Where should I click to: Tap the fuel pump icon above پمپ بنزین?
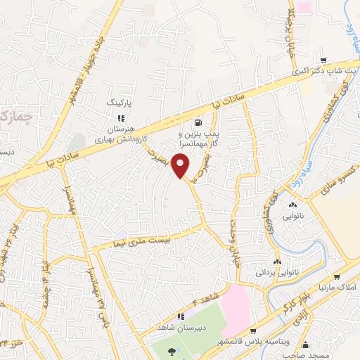[x=198, y=120]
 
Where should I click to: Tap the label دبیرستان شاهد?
[x=180, y=328]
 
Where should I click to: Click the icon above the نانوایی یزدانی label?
[x=279, y=259]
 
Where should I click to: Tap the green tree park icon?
[x=172, y=351]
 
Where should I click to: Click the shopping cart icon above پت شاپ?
[x=323, y=60]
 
